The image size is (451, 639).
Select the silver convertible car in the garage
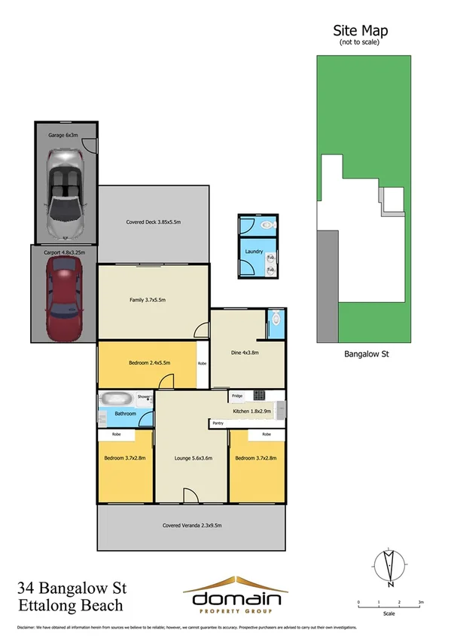(64, 191)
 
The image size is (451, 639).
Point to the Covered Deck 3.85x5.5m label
(154, 222)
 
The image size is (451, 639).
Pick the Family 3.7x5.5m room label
(147, 300)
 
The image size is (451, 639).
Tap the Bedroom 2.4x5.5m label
(149, 362)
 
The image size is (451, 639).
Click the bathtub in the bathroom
(117, 399)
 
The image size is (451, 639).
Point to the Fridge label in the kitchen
(236, 396)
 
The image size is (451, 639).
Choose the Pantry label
(218, 423)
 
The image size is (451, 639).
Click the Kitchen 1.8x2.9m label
(251, 411)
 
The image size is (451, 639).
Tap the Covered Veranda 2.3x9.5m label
(191, 525)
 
